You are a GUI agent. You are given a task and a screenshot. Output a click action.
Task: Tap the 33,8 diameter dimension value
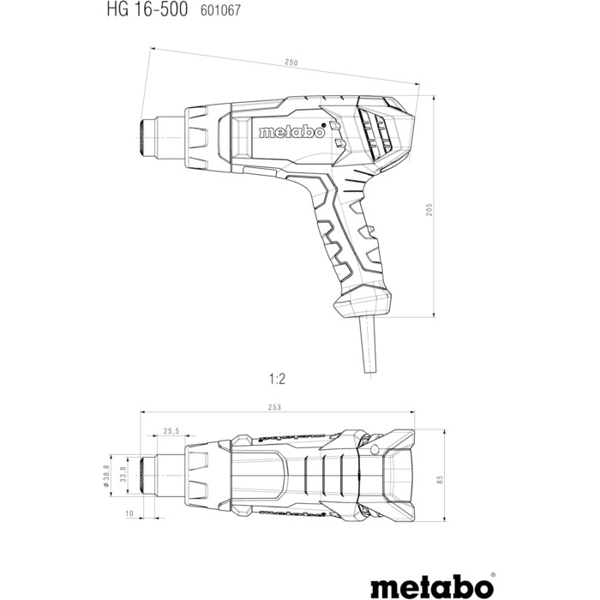click(123, 472)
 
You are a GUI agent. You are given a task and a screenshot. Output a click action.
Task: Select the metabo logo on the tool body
click(291, 133)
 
